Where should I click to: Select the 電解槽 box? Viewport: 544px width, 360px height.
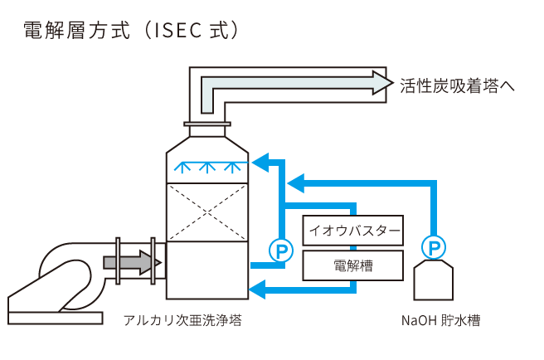[354, 266]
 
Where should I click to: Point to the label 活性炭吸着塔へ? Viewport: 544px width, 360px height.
[456, 83]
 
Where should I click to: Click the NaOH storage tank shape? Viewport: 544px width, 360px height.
[433, 279]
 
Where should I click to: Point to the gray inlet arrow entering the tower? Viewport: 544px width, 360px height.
[133, 263]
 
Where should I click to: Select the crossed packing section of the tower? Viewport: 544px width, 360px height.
[207, 212]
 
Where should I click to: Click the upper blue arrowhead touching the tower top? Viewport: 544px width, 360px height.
[260, 161]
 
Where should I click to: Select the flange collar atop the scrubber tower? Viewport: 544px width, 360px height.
[207, 128]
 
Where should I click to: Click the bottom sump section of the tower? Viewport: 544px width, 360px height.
[207, 270]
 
